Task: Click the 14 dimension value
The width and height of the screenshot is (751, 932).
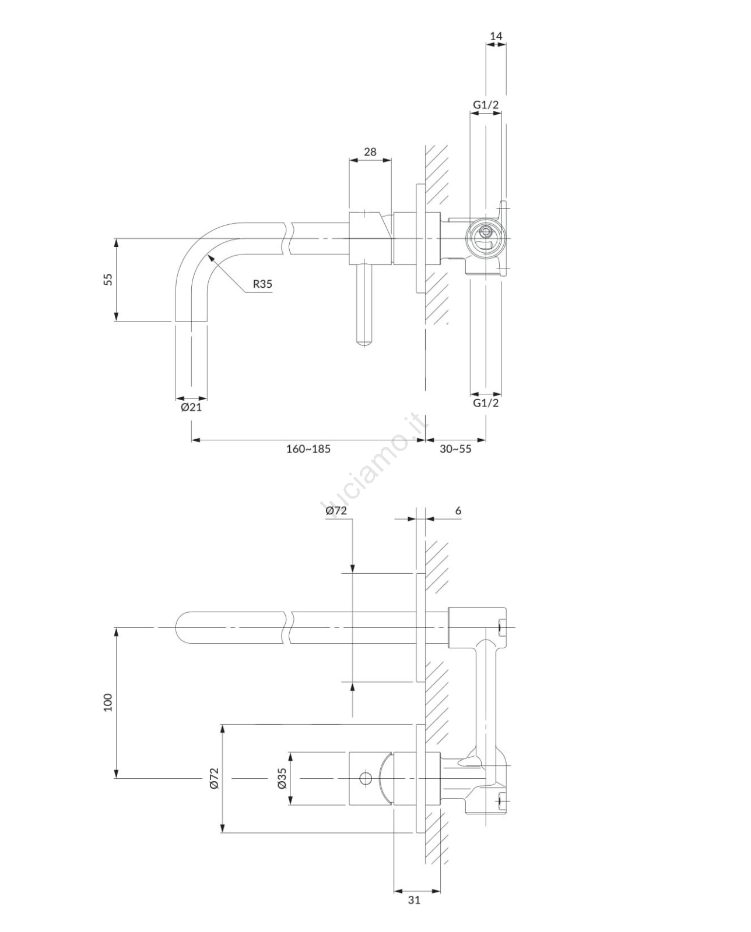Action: (496, 36)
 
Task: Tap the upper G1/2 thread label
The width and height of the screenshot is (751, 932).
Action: (486, 104)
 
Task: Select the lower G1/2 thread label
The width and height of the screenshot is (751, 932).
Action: (486, 403)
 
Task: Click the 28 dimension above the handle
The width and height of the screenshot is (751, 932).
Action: (370, 151)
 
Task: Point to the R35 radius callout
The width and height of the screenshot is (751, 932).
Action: (263, 284)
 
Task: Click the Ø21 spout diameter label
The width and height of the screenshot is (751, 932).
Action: (191, 407)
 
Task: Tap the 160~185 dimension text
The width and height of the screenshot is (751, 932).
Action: (308, 449)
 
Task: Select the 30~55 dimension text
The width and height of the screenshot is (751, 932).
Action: (455, 449)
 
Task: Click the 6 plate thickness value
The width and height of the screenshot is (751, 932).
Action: (458, 511)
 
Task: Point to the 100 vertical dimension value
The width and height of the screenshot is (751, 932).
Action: (108, 702)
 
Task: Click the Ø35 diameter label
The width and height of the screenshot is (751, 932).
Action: (282, 778)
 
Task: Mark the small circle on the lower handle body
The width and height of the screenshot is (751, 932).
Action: (366, 778)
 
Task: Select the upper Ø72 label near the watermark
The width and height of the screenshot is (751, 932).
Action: (336, 511)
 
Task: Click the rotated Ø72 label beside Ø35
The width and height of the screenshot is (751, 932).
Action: (214, 778)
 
